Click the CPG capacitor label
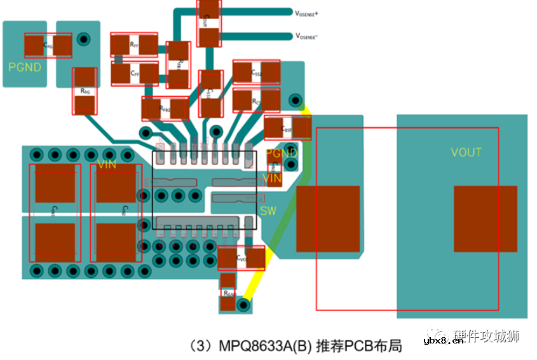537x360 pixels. (x=48, y=45)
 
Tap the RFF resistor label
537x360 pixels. (x=133, y=45)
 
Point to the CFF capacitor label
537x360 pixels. (x=134, y=74)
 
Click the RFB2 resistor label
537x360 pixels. (x=165, y=109)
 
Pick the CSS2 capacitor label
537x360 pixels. (x=257, y=73)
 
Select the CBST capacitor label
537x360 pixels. (x=286, y=128)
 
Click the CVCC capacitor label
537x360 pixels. (x=241, y=258)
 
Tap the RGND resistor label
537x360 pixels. (x=228, y=293)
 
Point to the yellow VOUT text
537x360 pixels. (x=466, y=153)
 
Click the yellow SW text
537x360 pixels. (x=268, y=211)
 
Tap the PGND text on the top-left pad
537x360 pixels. (x=25, y=67)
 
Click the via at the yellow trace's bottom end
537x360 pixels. (x=241, y=305)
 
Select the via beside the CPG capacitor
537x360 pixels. (x=82, y=39)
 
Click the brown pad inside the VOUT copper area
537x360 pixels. (x=485, y=218)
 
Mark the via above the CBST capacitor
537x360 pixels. (x=294, y=100)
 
